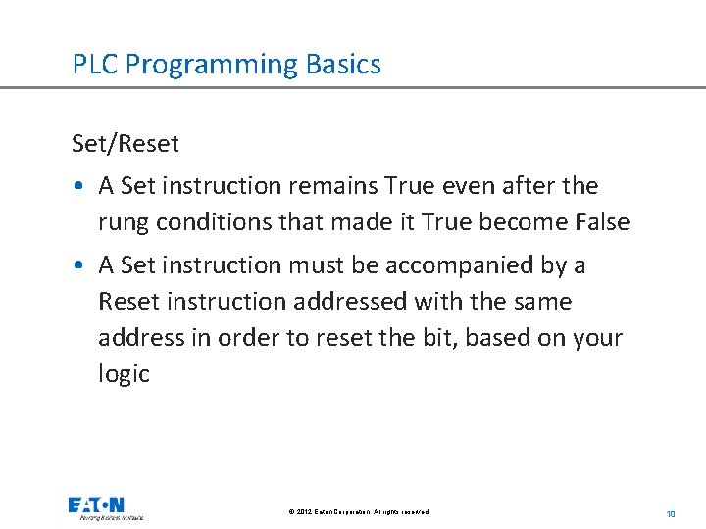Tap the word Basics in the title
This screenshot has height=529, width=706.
click(x=342, y=65)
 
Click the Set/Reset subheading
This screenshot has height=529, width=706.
click(x=126, y=144)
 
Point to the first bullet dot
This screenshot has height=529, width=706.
click(x=77, y=186)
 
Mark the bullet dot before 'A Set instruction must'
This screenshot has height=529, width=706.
click(x=77, y=265)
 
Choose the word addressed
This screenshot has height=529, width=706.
click(x=323, y=302)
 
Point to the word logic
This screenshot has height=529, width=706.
click(x=124, y=374)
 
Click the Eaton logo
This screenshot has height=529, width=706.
click(x=106, y=507)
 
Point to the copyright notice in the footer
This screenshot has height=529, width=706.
click(x=359, y=512)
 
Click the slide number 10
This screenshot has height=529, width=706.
click(x=671, y=512)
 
